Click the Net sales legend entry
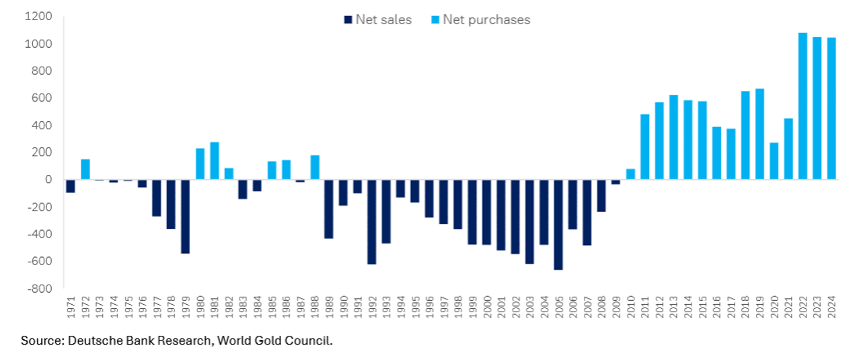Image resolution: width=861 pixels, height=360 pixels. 377,20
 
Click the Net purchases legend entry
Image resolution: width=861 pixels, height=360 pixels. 479,20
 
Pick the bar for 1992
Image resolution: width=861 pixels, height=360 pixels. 371,221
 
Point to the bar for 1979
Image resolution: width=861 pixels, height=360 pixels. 185,216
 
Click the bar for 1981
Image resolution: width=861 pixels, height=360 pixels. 215,161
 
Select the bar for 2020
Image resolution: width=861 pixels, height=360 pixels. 774,161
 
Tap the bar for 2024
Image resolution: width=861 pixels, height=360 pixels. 831,108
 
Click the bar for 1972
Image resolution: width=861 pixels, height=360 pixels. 85,169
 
